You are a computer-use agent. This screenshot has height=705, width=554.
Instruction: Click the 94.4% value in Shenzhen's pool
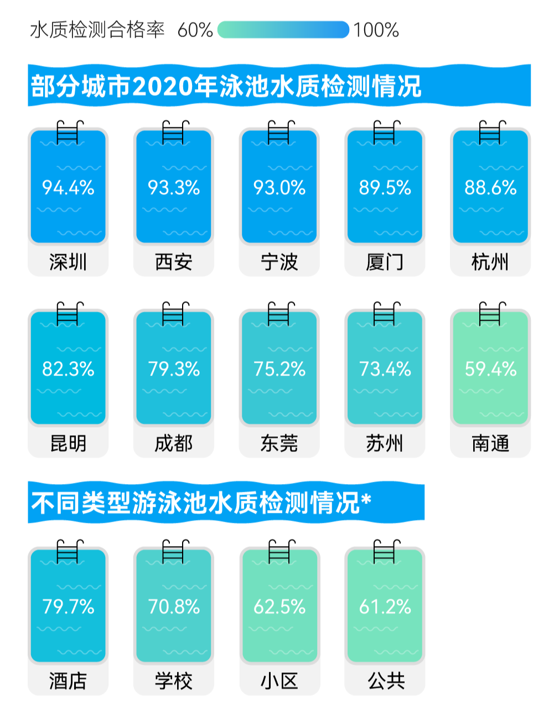68,188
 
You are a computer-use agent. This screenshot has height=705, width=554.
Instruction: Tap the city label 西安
174,262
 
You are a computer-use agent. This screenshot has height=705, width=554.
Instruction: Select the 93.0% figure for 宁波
279,188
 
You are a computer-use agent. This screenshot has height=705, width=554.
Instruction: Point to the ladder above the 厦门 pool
386,132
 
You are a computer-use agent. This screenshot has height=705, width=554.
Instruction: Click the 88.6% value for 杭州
490,188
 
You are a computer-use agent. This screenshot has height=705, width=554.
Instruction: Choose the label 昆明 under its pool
68,443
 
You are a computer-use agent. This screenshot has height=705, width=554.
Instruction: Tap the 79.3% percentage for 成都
174,369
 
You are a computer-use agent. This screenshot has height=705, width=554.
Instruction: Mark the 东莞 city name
279,443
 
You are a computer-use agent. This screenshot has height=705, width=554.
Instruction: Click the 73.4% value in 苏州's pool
385,369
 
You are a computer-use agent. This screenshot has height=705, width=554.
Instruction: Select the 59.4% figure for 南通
490,369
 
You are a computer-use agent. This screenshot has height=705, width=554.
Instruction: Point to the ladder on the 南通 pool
491,313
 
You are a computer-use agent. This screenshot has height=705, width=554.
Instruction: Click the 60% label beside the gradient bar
195,30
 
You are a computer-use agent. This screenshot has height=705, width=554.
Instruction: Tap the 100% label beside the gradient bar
376,30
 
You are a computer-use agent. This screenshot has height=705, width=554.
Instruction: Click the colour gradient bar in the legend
283,30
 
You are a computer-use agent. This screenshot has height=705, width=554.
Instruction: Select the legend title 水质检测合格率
97,30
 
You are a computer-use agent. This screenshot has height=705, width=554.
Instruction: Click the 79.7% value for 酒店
68,607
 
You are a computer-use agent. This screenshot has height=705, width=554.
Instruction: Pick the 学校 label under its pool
174,681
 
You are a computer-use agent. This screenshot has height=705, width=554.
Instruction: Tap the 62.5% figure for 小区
279,607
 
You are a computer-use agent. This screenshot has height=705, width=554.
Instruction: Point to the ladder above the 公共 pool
386,552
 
